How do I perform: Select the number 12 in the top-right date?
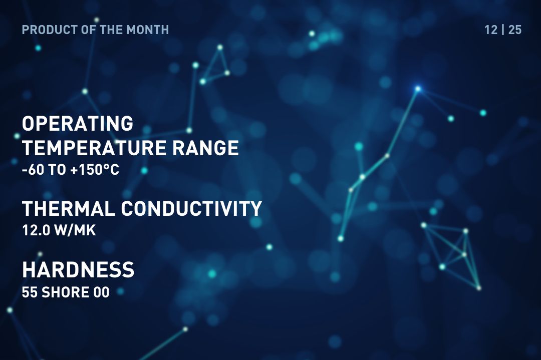pyautogui.click(x=491, y=30)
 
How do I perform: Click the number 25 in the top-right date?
pyautogui.click(x=515, y=30)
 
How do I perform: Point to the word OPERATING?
pyautogui.click(x=78, y=123)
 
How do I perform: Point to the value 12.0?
pyautogui.click(x=36, y=231)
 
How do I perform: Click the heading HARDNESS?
pyautogui.click(x=78, y=270)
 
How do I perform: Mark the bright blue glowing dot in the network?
pyautogui.click(x=418, y=89)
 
